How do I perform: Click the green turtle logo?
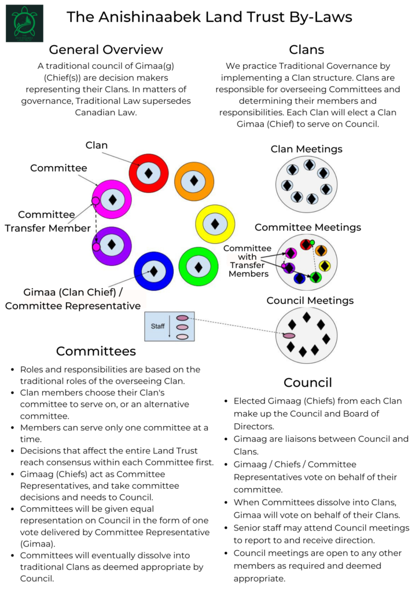click(24, 23)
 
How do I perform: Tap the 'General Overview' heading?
click(106, 49)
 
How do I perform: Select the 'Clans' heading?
click(306, 49)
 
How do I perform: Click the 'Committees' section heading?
click(96, 352)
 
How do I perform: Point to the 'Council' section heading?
click(307, 383)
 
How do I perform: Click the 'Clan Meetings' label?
click(306, 149)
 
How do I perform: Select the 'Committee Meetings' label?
click(307, 227)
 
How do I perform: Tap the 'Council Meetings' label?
click(310, 301)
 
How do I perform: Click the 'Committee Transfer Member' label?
click(46, 221)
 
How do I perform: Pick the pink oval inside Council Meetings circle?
click(289, 335)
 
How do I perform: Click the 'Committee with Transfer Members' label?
click(248, 261)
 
